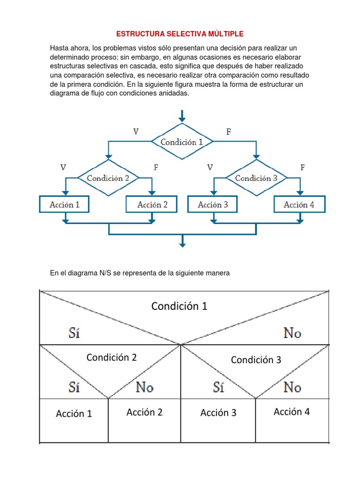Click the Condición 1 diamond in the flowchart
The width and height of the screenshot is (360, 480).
point(182,142)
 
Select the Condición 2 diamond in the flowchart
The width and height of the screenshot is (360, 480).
point(108,178)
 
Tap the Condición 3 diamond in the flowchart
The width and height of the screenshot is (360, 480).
point(256,178)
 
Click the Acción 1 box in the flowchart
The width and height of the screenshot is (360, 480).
point(65,204)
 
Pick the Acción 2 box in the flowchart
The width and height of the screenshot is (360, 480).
point(152,204)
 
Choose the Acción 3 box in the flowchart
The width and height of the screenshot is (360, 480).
point(213,204)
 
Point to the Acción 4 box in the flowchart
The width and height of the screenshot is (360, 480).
point(299,204)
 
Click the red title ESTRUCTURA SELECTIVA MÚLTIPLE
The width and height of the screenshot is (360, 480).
point(180,34)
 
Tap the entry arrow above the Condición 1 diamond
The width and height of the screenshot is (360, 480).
point(182,115)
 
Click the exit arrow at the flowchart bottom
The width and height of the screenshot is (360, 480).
point(182,241)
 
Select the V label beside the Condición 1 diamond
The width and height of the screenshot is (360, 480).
point(136,132)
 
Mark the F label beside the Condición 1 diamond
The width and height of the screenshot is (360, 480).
point(229,132)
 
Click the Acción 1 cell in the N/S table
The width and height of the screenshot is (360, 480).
point(74,413)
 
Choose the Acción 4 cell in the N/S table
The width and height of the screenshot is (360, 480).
point(292,412)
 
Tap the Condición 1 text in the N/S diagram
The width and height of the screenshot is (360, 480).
point(179,306)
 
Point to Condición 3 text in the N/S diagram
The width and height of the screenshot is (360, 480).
point(256,360)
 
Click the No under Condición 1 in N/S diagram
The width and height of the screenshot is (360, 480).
point(292,333)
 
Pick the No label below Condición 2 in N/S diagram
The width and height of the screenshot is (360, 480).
point(145,387)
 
